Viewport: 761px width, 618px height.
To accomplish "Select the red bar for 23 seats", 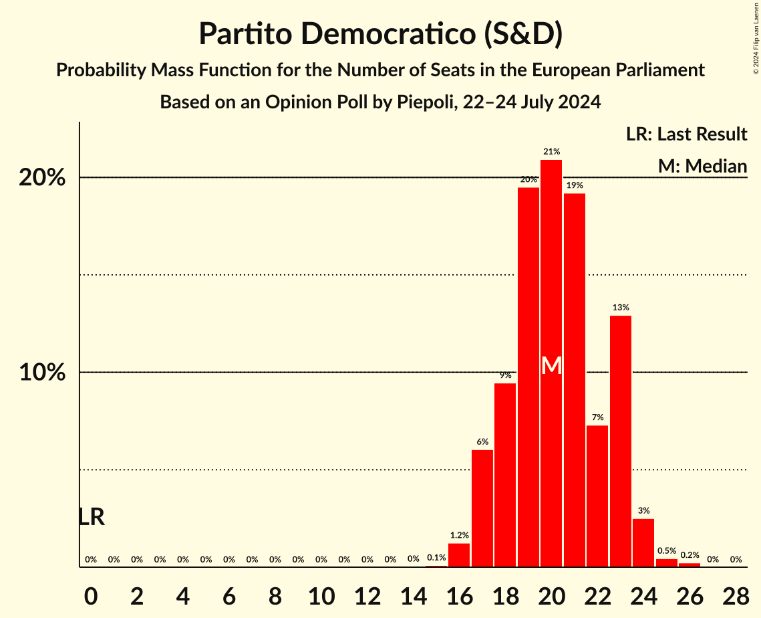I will click(620, 441).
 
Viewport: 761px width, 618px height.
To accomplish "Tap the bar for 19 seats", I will click(528, 377).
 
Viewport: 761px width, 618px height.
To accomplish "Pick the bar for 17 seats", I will click(482, 508).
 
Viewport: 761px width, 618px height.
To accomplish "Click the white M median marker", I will click(551, 366).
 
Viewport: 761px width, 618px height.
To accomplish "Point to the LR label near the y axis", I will click(92, 517).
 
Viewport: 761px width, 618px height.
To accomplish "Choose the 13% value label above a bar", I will click(620, 308).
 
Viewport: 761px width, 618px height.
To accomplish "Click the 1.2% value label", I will click(459, 535).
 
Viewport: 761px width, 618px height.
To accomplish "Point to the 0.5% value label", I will click(666, 551).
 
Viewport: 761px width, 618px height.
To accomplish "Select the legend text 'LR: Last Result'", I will click(686, 134).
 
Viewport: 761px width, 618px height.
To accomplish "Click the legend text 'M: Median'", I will click(702, 166).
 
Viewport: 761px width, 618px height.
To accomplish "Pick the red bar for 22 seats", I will click(597, 496).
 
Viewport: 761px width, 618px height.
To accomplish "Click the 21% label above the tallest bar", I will click(551, 152).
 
